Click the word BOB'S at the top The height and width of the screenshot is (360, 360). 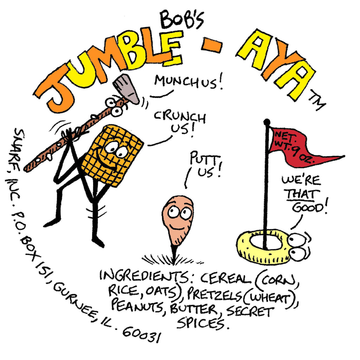click(x=181, y=20)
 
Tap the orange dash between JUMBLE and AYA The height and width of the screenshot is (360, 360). click(x=212, y=46)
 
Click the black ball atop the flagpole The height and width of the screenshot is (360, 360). click(x=266, y=122)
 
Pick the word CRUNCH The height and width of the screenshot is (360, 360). click(x=180, y=117)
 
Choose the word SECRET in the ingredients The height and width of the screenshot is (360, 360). click(x=250, y=312)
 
